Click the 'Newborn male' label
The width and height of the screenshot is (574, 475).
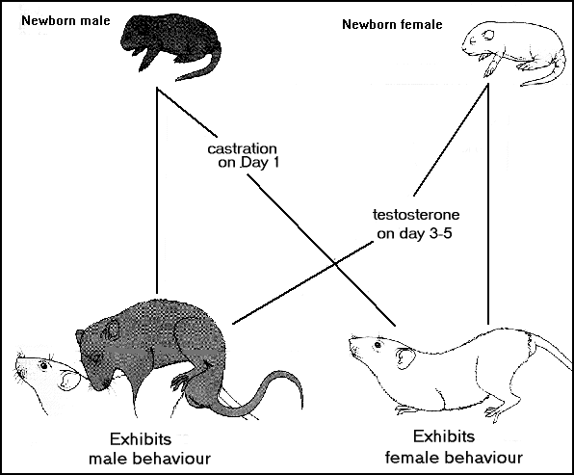pos(65,20)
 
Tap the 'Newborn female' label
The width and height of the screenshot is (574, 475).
pos(392,24)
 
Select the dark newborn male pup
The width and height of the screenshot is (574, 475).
pos(171,46)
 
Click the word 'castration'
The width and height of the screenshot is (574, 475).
pos(242,148)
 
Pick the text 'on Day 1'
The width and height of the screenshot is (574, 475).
pos(248,162)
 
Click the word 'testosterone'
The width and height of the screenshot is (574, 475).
pos(416,215)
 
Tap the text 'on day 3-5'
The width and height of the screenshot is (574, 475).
pos(414,233)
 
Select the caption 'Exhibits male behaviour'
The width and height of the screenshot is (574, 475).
pos(149,449)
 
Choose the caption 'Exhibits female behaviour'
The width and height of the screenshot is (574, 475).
pos(454,447)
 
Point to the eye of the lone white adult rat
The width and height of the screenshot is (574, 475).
pos(378,345)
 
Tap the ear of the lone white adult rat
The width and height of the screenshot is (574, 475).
pos(405,358)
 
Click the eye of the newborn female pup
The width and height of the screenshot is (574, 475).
pos(488,35)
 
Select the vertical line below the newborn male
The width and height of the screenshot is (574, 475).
pos(157,191)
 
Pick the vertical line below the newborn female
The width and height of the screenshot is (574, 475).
pos(488,204)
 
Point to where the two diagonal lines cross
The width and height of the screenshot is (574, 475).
pos(334,262)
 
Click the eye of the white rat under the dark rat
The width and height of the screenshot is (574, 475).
pos(44,365)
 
